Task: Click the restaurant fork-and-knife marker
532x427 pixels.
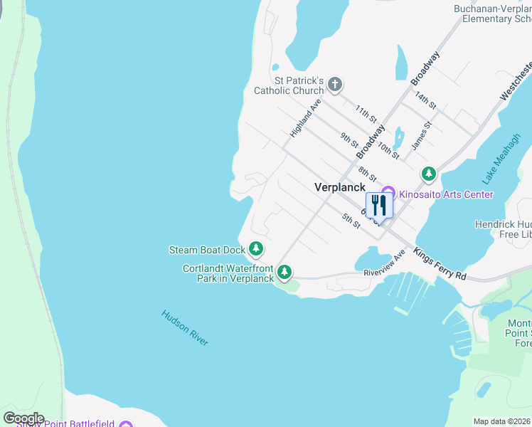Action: point(378,206)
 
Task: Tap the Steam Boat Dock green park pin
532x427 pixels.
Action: point(256,249)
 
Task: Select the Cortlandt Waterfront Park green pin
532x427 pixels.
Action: point(284,272)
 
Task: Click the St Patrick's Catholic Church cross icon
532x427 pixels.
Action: point(335,85)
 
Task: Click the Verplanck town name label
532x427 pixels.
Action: point(340,187)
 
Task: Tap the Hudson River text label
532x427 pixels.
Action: point(185,327)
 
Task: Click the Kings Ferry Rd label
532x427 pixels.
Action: point(440,264)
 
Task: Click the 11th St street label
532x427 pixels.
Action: point(366,112)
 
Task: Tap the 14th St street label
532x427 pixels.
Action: point(425,100)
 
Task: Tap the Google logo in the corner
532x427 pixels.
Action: point(23,418)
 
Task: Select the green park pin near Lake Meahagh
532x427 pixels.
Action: point(428,173)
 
